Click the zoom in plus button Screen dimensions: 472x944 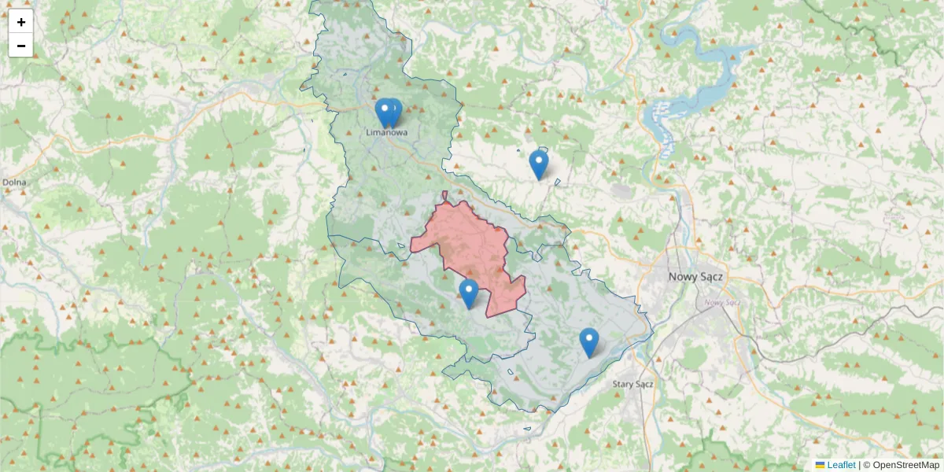pos(21,22)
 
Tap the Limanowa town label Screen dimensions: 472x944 pos(387,133)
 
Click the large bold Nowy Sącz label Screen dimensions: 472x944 pos(695,277)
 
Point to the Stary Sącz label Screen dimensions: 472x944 pos(633,384)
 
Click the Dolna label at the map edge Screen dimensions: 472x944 pos(13,183)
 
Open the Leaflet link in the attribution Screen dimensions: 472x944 pos(841,465)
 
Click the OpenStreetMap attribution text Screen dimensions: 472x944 pos(905,465)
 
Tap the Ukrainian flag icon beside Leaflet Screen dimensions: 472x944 pos(820,465)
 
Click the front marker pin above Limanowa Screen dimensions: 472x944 pos(384,112)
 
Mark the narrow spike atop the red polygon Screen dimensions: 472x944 pos(444,196)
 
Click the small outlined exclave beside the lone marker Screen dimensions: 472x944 pos(557,183)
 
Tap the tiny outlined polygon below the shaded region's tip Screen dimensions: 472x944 pos(527,429)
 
